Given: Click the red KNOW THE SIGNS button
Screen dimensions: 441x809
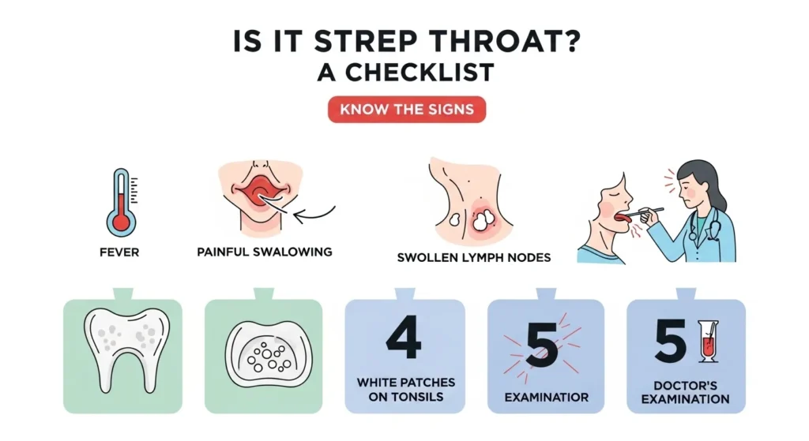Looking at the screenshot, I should point(406,110).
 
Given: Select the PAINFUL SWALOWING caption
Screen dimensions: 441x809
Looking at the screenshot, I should point(264,252).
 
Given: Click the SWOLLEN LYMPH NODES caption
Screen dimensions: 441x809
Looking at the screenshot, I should point(474,257).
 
